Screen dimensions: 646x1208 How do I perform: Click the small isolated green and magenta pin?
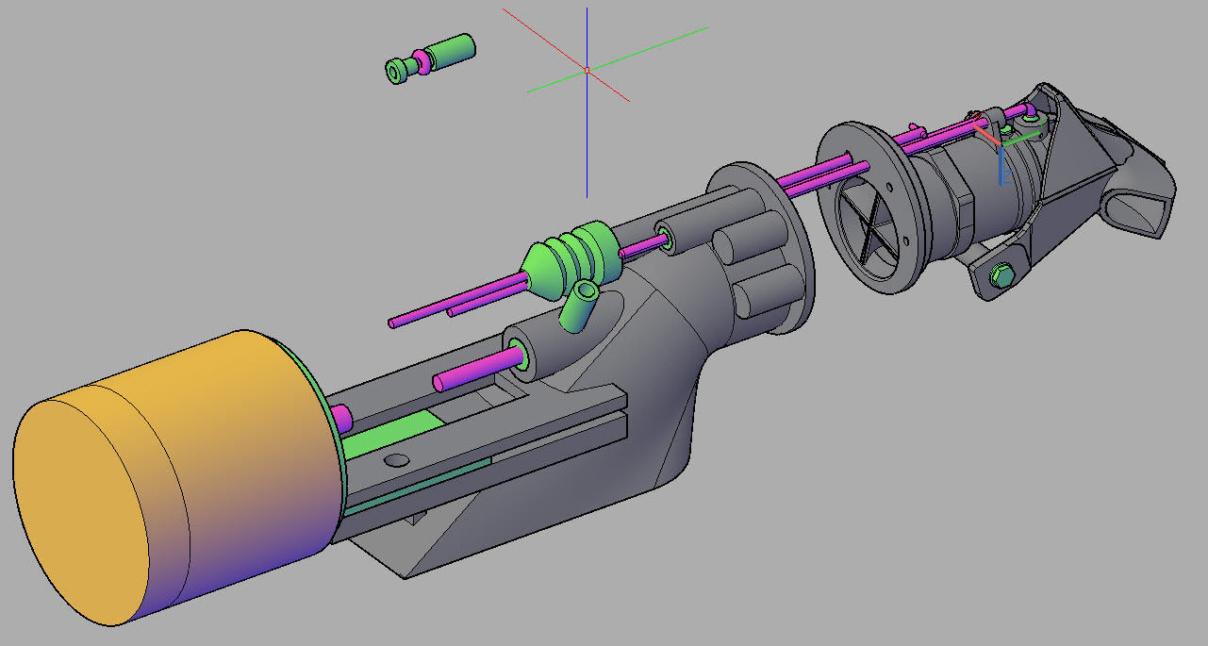[430, 58]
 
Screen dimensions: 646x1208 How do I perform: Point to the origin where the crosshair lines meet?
[587, 70]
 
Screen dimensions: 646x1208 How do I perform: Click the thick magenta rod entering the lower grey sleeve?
[476, 369]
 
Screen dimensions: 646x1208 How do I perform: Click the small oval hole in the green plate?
[397, 459]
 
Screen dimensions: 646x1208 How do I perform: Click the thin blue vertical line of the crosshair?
[587, 151]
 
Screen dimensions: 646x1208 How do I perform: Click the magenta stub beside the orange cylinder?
[340, 416]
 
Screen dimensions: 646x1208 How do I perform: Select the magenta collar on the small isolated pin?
[422, 61]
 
